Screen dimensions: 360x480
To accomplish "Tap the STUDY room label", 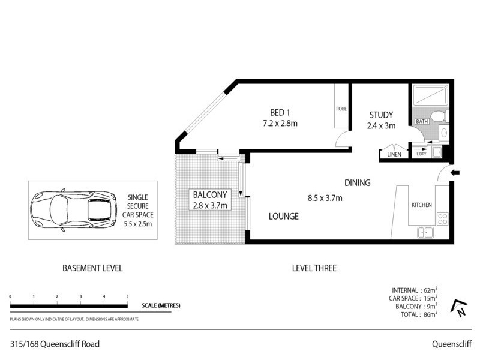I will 380,115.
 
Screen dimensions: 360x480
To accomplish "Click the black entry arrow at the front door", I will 454,173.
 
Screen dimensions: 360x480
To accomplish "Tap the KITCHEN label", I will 421,205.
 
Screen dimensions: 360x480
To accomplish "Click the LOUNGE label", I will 284,217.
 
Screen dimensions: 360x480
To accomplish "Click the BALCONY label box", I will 210,200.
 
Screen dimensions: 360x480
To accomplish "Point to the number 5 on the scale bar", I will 127,297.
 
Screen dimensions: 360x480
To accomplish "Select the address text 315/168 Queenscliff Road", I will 55,344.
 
